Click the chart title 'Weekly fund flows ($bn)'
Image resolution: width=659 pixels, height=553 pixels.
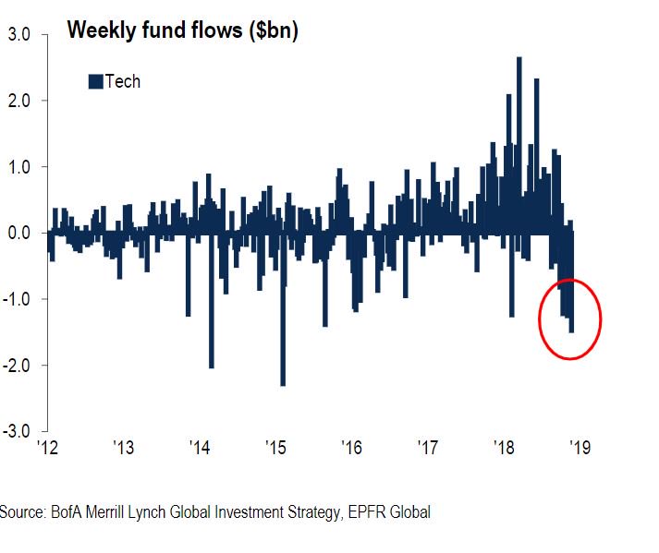click(182, 31)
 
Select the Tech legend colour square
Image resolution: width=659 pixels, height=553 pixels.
click(95, 82)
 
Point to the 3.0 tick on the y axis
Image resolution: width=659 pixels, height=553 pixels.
click(20, 35)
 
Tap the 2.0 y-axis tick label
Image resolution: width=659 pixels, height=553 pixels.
click(20, 101)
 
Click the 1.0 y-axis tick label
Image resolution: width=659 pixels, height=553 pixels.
click(20, 167)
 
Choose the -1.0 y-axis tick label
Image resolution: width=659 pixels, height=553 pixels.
click(18, 299)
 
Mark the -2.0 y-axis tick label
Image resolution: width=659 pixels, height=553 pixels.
click(18, 366)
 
